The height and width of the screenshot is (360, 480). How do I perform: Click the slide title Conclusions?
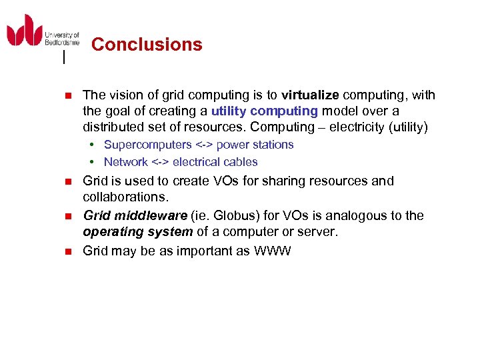(x=147, y=45)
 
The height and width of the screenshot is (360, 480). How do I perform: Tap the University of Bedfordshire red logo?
(x=25, y=30)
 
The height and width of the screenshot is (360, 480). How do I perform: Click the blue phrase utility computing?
(x=265, y=111)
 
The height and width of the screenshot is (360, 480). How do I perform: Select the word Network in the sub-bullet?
(x=125, y=162)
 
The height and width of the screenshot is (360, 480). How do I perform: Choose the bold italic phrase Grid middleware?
(x=135, y=215)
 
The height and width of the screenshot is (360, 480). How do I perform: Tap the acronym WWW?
(x=273, y=251)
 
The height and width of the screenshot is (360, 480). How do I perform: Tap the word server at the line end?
(x=320, y=232)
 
